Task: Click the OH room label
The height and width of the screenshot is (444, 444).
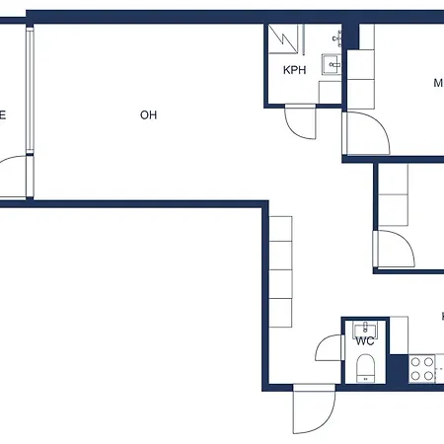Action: click(149, 115)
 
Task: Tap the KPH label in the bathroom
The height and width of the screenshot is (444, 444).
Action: click(293, 70)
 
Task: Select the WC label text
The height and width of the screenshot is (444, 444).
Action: click(364, 341)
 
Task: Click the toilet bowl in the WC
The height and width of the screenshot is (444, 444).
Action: click(366, 370)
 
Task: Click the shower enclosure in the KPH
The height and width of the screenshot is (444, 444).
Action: click(285, 42)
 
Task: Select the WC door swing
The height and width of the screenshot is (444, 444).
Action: click(328, 349)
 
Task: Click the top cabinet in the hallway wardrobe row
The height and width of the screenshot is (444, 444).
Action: click(281, 228)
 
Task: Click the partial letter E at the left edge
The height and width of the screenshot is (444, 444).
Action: click(3, 115)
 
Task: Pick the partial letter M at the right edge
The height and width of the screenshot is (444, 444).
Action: click(438, 84)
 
